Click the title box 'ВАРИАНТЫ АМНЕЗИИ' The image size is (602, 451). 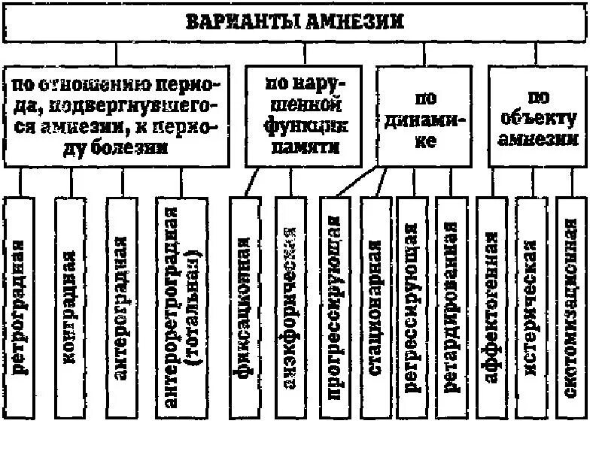[295, 22]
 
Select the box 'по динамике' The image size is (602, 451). [424, 117]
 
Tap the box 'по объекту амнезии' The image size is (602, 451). [537, 117]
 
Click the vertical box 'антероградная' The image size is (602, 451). [122, 309]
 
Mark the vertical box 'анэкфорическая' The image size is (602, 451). [290, 309]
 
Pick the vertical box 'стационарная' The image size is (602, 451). [375, 309]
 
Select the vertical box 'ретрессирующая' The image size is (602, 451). [412, 309]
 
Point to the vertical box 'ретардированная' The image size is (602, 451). [451, 309]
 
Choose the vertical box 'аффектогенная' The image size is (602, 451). [491, 309]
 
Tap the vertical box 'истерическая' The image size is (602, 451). [531, 309]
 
